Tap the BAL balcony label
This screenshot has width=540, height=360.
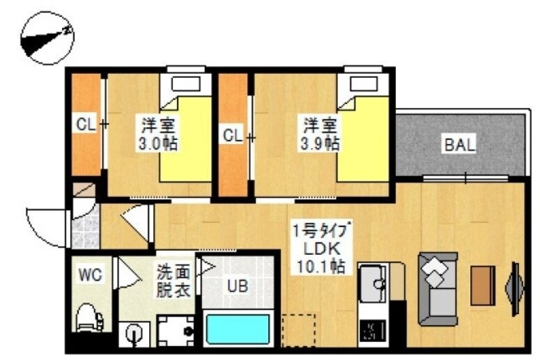[x=459, y=146]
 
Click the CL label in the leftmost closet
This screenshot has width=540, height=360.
[x=86, y=125]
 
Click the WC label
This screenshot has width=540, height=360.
[x=91, y=275]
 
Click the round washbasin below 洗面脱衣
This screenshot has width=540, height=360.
[x=133, y=333]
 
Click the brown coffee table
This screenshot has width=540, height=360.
[x=482, y=285]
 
